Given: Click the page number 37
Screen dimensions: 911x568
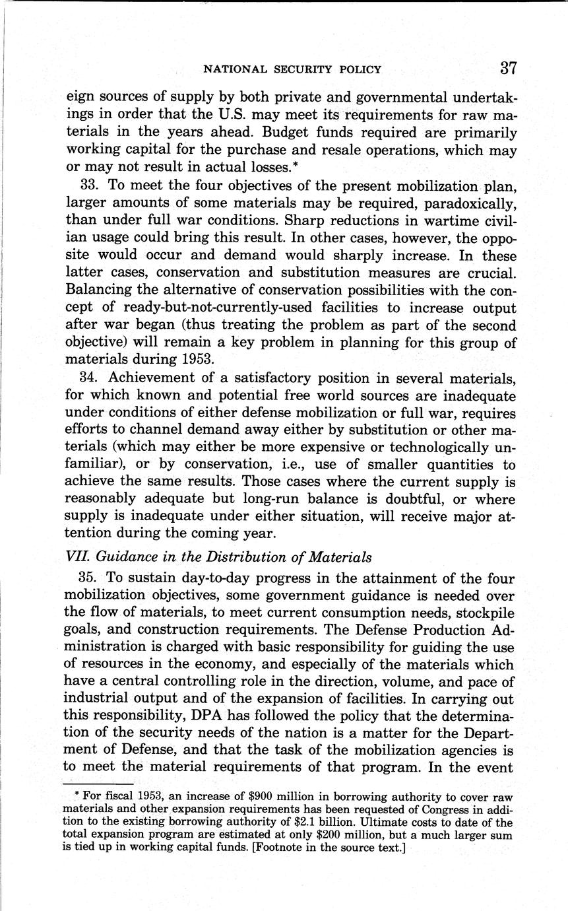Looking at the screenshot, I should click(x=507, y=68).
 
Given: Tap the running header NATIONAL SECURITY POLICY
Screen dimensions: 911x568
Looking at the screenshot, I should click(x=292, y=69).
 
